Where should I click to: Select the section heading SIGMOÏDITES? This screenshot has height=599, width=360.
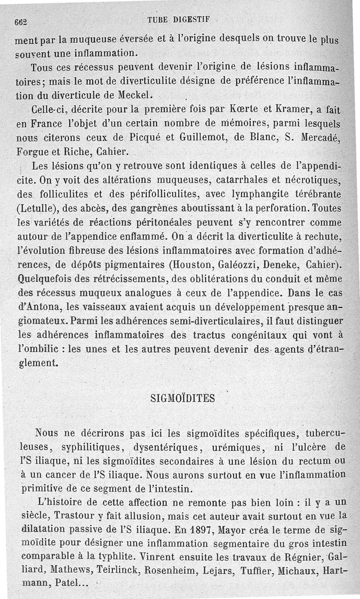coord(182,398)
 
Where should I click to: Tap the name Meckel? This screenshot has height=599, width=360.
coord(135,95)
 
